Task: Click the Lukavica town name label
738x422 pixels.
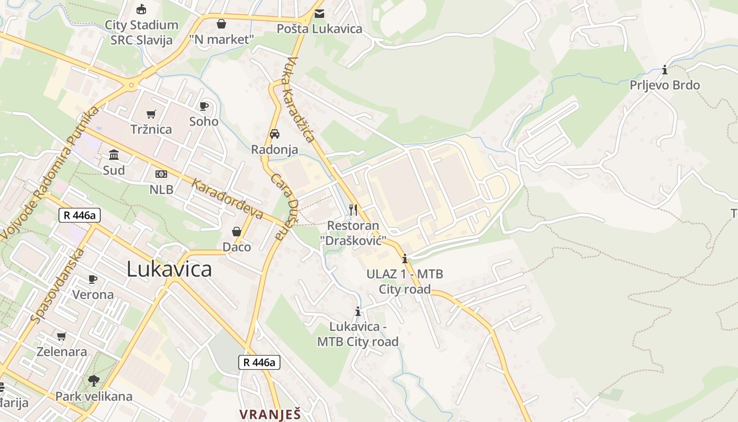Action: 169,270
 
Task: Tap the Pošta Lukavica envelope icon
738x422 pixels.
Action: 319,14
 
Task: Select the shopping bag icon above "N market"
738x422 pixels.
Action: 221,24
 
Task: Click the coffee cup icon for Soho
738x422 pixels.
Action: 204,106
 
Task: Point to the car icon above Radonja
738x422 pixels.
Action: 274,134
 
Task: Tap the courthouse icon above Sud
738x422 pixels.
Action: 114,155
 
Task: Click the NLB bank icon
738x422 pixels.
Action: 161,174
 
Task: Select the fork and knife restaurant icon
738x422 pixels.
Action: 353,209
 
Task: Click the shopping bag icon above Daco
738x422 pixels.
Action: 237,232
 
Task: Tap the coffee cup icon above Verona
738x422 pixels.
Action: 93,279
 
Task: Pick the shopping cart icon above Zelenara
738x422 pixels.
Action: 62,336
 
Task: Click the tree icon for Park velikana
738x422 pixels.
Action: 94,380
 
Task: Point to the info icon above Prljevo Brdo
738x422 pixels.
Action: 665,70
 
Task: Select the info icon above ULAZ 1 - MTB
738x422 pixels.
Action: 405,258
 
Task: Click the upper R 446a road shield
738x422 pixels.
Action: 79,215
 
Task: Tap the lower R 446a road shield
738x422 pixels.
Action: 259,362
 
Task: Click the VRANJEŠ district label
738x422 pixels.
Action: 270,414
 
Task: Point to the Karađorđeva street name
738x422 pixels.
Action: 227,198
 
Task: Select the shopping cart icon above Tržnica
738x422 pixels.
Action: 151,114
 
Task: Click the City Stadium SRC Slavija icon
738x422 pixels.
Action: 141,9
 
